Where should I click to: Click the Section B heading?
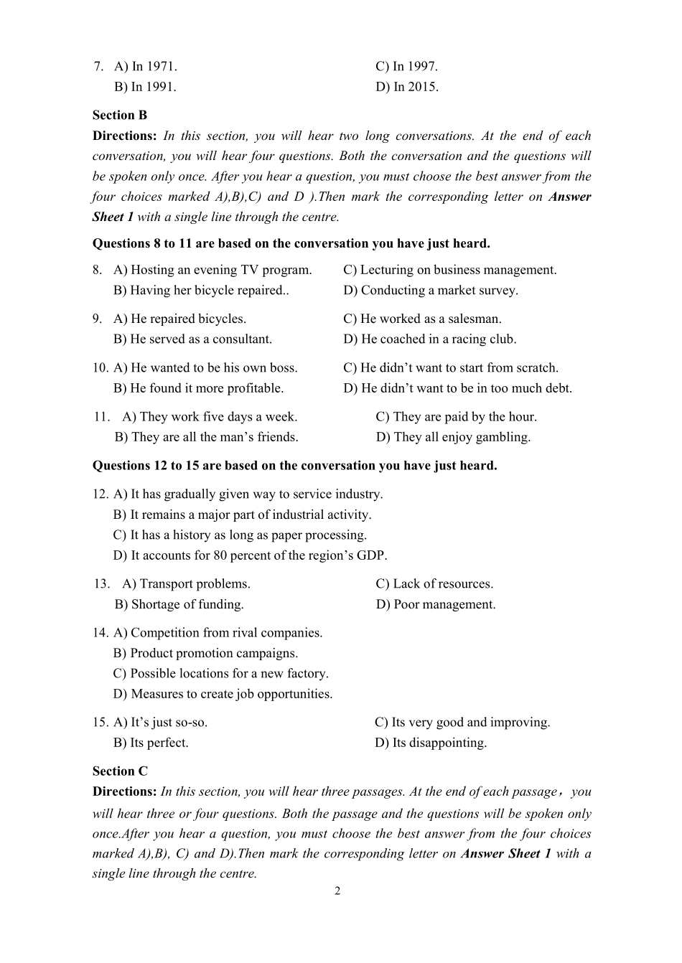tap(119, 115)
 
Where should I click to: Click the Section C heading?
tap(120, 771)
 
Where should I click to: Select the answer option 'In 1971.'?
tap(146, 67)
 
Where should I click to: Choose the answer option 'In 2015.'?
tap(407, 87)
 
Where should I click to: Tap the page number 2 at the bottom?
tap(337, 891)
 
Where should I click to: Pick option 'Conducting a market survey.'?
tap(431, 291)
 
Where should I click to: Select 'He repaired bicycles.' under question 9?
tap(179, 319)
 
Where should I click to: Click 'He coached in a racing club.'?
tap(430, 339)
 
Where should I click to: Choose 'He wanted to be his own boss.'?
tap(205, 368)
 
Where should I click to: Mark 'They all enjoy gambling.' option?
tap(453, 437)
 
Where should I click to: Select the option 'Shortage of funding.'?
tap(179, 604)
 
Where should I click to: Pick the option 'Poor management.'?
tap(436, 604)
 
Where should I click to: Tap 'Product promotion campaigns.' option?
tap(205, 653)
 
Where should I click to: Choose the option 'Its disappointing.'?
tap(431, 743)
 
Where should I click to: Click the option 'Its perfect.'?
tap(151, 743)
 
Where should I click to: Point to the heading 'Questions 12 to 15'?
tap(294, 466)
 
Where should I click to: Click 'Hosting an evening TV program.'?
tap(212, 270)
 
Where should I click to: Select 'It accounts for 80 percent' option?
tap(250, 555)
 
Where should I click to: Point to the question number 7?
tap(98, 67)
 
